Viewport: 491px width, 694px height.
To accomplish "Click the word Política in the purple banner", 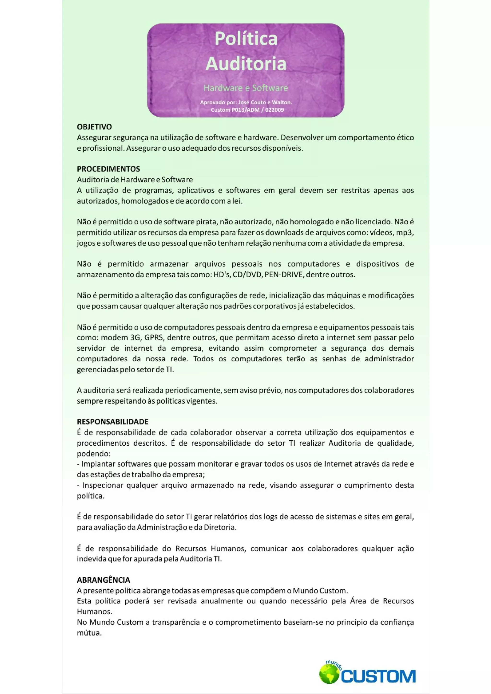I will (x=246, y=39).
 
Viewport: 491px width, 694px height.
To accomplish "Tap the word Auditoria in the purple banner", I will (x=246, y=63).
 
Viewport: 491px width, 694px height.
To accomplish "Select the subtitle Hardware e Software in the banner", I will (x=246, y=88).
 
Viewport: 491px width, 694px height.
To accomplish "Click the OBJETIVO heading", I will (x=94, y=127).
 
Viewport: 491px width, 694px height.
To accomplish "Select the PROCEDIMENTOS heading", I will (x=108, y=169).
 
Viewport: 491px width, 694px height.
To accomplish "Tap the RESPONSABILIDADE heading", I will (x=112, y=422).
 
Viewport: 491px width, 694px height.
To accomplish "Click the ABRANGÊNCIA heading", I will (x=104, y=580).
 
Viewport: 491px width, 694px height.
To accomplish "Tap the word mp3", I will (x=407, y=233).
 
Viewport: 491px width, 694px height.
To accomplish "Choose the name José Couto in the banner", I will (x=251, y=102).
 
